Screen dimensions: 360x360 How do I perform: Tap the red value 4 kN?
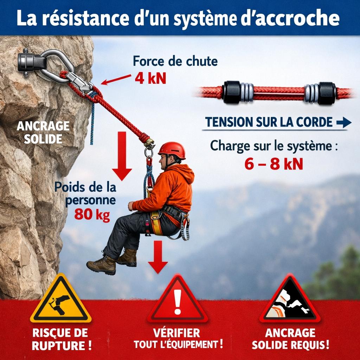pyautogui.click(x=150, y=78)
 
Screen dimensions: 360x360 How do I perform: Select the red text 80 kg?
pyautogui.click(x=92, y=214)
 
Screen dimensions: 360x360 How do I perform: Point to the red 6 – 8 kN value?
pyautogui.click(x=274, y=164)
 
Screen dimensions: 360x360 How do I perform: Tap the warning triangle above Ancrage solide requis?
pyautogui.click(x=290, y=301)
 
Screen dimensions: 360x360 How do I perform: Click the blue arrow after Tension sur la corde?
pyautogui.click(x=344, y=122)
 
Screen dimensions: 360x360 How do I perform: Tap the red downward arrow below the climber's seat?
pyautogui.click(x=158, y=257)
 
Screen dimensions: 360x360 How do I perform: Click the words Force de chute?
pyautogui.click(x=175, y=61)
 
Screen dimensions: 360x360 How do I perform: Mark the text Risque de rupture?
pyautogui.click(x=60, y=339)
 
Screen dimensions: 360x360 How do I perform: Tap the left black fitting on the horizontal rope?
pyautogui.click(x=231, y=92)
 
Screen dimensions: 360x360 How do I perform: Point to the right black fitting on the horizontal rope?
pyautogui.click(x=327, y=93)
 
